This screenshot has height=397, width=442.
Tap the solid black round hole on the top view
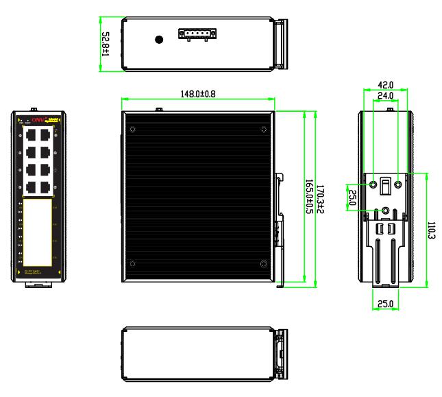(159, 40)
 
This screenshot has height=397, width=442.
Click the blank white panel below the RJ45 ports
(39, 233)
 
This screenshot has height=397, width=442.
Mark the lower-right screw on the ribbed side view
(264, 263)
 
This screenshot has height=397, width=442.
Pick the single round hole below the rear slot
(386, 212)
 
